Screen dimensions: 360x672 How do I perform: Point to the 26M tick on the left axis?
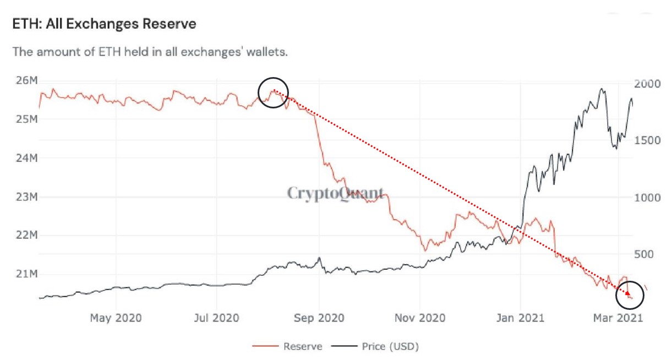(26, 81)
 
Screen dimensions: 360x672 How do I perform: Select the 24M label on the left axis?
(26, 158)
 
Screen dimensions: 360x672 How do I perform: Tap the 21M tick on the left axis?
(26, 274)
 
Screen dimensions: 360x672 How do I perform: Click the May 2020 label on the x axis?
(116, 318)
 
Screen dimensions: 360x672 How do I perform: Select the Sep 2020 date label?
(319, 318)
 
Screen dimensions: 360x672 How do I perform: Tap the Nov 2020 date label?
(420, 318)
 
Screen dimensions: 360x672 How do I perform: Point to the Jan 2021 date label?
(520, 318)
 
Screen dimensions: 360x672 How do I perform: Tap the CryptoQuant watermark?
(335, 193)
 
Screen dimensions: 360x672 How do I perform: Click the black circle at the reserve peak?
(273, 92)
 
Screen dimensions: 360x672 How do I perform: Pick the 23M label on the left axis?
(26, 197)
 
